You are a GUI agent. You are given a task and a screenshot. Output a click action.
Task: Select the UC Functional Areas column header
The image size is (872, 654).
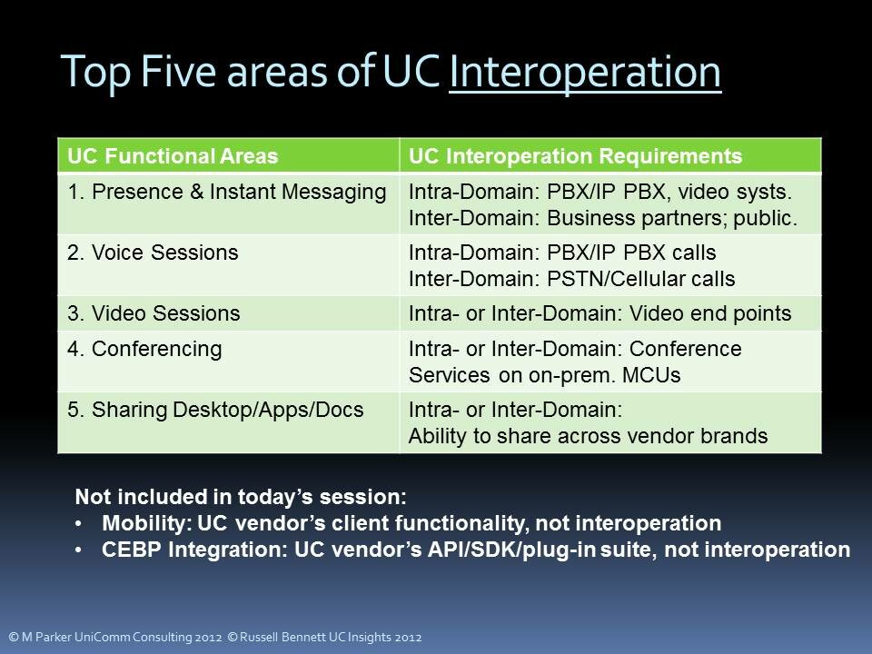[x=173, y=156]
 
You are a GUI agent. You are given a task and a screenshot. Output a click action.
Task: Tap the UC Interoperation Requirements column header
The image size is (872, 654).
[x=575, y=156]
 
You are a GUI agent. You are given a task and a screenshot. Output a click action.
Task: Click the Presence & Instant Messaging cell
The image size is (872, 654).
[x=227, y=192]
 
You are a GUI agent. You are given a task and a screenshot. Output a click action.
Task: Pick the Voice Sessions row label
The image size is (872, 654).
[x=153, y=253]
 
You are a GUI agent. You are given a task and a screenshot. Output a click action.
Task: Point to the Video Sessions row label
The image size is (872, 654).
[x=154, y=313]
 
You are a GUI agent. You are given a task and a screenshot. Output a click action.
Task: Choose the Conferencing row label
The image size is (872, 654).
[x=144, y=349]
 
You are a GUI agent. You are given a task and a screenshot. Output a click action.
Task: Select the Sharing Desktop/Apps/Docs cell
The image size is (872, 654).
[x=215, y=410]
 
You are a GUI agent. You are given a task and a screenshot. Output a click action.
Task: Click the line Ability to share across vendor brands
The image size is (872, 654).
[x=588, y=436]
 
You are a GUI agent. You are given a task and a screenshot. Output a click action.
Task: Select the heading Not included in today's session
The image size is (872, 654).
[x=241, y=497]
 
